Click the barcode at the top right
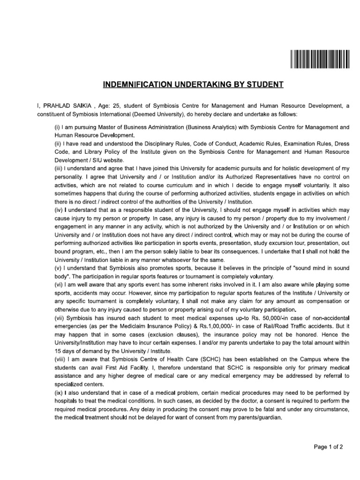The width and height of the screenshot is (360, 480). [x=320, y=59]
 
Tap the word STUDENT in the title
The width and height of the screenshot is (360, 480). [x=266, y=85]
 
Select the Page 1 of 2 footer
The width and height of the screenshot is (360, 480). [x=328, y=447]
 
